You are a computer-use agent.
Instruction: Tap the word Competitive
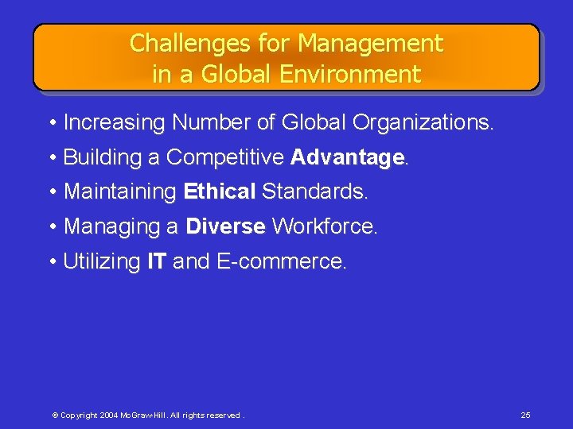click(225, 158)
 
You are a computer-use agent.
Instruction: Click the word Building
click(102, 158)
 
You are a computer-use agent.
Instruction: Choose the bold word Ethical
click(220, 192)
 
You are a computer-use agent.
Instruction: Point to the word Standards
click(314, 192)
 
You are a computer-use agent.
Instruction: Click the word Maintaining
click(120, 192)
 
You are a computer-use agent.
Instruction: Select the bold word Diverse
click(225, 227)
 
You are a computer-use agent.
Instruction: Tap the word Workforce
click(324, 227)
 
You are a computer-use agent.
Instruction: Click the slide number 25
click(525, 415)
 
